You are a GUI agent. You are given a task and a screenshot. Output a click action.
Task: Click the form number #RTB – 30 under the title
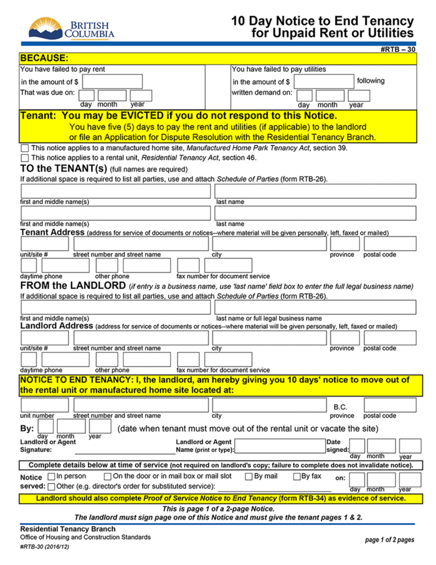397,49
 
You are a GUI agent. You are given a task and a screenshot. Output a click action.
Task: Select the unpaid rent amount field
112,81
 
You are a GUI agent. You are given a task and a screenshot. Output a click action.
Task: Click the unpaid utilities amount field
323,81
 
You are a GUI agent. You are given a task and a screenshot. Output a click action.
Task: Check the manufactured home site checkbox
24,148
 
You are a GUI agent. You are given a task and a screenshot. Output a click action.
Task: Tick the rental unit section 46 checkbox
24,158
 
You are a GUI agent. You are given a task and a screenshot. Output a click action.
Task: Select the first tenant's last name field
315,191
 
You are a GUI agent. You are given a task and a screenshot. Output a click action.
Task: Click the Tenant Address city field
269,243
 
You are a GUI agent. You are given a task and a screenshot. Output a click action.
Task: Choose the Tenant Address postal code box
390,243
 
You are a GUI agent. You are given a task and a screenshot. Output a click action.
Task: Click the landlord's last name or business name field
315,307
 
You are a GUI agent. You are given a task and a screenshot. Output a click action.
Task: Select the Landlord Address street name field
141,337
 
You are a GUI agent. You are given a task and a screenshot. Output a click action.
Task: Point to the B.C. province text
340,407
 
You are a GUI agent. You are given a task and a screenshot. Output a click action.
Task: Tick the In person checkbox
52,476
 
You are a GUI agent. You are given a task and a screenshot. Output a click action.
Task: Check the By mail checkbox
249,476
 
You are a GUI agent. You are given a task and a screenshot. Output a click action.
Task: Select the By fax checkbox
297,476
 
